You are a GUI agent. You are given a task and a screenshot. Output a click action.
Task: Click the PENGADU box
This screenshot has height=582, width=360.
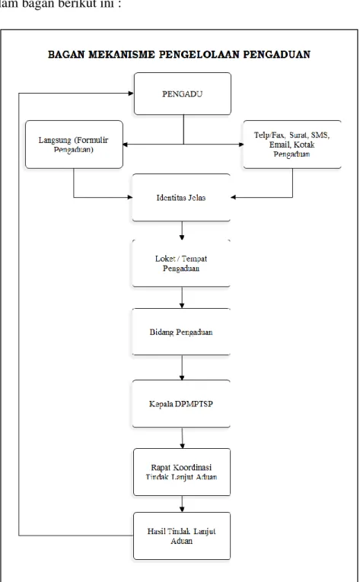pyautogui.click(x=183, y=94)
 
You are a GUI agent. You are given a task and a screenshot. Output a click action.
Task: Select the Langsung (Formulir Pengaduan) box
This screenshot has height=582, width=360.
pyautogui.click(x=74, y=145)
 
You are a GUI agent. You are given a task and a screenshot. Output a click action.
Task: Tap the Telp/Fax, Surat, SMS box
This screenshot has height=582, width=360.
pyautogui.click(x=292, y=145)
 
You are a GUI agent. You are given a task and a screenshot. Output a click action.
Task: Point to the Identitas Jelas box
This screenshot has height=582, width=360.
pyautogui.click(x=181, y=198)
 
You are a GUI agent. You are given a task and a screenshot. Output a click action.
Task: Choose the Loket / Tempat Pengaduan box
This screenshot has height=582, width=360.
pyautogui.click(x=181, y=263)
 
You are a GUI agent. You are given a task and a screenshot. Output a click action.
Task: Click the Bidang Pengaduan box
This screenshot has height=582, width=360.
pyautogui.click(x=181, y=332)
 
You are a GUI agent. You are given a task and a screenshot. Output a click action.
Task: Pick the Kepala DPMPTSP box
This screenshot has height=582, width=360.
pyautogui.click(x=181, y=403)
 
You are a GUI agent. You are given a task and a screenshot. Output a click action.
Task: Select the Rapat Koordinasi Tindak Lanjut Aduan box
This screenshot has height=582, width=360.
pyautogui.click(x=182, y=472)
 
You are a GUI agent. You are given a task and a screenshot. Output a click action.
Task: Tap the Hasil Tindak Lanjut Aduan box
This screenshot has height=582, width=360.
pyautogui.click(x=182, y=536)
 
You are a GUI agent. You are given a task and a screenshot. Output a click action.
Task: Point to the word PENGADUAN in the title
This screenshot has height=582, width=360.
pyautogui.click(x=277, y=55)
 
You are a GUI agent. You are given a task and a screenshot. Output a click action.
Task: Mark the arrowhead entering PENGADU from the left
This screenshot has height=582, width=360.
pyautogui.click(x=131, y=93)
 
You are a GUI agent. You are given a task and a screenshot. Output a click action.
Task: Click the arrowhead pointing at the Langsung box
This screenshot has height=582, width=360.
pyautogui.click(x=126, y=145)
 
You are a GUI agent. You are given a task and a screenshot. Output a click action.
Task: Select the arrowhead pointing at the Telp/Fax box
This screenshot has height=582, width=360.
pyautogui.click(x=241, y=145)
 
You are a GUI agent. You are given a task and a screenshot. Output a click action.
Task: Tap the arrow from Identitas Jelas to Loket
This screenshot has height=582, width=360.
pyautogui.click(x=182, y=231)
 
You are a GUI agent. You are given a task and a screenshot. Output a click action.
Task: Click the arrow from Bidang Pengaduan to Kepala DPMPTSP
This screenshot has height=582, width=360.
pyautogui.click(x=182, y=367)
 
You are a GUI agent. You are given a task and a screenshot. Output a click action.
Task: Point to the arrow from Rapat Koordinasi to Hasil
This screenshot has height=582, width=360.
pyautogui.click(x=182, y=504)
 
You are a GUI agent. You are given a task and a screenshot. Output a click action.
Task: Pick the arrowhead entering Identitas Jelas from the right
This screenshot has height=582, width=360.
pyautogui.click(x=234, y=197)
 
